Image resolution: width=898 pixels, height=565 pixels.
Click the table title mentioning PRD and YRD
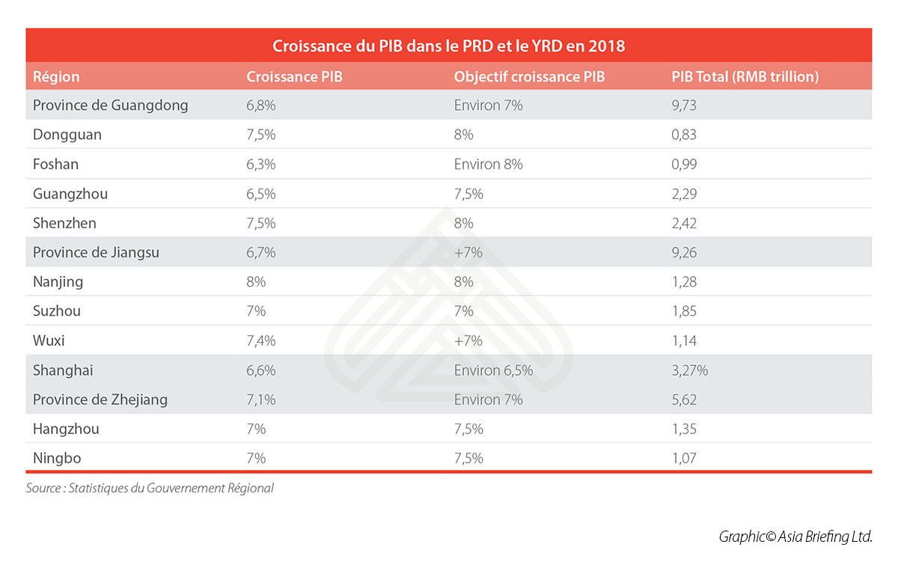click(x=448, y=46)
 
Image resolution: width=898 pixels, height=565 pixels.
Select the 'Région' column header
click(x=56, y=77)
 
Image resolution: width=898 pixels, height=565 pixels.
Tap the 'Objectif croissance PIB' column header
click(x=529, y=77)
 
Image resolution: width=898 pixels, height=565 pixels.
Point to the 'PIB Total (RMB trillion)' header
click(x=745, y=77)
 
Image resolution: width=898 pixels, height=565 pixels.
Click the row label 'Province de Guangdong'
click(x=110, y=106)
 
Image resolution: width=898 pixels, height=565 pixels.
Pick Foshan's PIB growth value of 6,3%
click(x=261, y=164)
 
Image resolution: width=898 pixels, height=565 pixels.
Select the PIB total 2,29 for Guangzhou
click(x=685, y=194)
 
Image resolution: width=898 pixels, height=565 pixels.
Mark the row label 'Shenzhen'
click(x=64, y=223)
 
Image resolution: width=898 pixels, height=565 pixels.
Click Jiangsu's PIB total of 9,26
click(x=685, y=253)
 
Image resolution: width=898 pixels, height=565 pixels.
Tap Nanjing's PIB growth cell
click(x=257, y=282)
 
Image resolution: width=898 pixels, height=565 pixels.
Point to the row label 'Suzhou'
click(x=57, y=311)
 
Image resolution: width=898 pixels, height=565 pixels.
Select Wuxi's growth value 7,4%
click(x=261, y=340)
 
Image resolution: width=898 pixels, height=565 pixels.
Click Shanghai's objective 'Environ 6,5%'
click(x=494, y=370)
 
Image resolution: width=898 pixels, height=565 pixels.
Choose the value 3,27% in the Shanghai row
click(x=690, y=370)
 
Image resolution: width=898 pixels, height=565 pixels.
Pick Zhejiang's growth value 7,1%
click(x=261, y=400)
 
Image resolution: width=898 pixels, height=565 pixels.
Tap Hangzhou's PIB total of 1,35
click(x=685, y=429)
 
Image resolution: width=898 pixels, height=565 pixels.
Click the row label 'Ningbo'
click(x=58, y=458)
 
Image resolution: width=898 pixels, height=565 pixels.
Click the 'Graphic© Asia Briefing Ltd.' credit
click(x=795, y=537)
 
